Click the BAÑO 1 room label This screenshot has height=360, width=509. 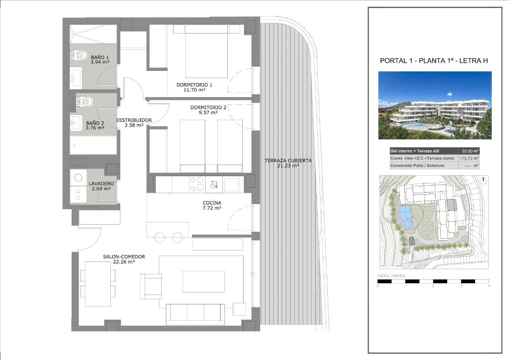pos(100,57)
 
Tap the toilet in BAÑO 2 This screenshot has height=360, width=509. pos(87,101)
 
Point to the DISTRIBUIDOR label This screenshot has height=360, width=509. pos(134,120)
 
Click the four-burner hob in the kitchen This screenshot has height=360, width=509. pos(197,185)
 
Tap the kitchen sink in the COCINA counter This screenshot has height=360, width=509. pos(231,184)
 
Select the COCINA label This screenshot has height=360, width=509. pos(212,203)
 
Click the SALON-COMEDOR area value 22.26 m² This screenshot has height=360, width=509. pos(124,262)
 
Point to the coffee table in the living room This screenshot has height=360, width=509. pos(204,281)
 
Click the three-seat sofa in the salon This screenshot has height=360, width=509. pos(195,314)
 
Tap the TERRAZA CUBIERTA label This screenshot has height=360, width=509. pos(288,160)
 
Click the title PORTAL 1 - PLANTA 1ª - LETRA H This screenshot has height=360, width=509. pos(433,61)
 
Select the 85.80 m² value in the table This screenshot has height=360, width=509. pos(469,151)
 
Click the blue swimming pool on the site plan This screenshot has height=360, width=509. pos(406,216)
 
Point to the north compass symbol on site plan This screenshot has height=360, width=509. pos(483,180)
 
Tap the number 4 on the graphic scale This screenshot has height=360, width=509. pos(489,286)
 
